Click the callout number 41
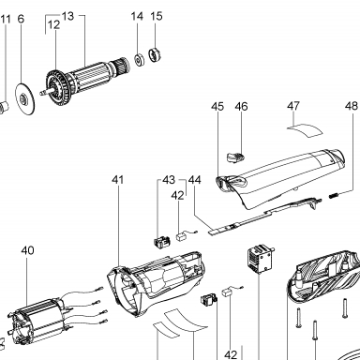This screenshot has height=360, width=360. [118, 180]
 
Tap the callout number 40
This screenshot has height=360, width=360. [27, 250]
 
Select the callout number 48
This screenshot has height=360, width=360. [352, 106]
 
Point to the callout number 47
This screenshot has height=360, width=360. [293, 106]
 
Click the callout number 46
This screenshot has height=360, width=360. [241, 106]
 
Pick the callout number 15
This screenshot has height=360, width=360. [157, 16]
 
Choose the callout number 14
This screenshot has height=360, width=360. [137, 16]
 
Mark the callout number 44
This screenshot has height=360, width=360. [195, 180]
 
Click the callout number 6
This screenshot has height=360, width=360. [21, 19]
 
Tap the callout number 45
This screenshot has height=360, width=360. [217, 106]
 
